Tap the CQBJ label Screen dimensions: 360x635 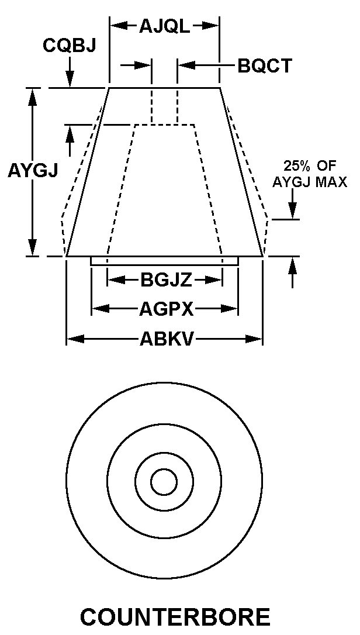pos(69,46)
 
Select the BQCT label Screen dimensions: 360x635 pos(264,65)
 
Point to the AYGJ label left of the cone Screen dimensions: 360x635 pos(33,171)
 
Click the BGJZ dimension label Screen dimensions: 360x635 pos(166,280)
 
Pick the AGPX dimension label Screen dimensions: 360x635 pos(166,309)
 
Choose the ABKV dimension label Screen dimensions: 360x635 pos(165,339)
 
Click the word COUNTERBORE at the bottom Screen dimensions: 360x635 pos(175,617)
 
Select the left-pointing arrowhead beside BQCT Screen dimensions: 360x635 pos(187,65)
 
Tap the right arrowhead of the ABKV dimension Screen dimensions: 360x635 pos(254,339)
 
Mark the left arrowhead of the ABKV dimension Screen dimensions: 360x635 pos(75,339)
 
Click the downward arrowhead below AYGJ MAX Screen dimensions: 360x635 pos(292,210)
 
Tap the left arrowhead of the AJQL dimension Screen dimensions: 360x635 pos(119,26)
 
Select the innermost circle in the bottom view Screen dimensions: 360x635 pos(164,482)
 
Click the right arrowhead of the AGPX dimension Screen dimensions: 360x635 pos(229,309)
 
